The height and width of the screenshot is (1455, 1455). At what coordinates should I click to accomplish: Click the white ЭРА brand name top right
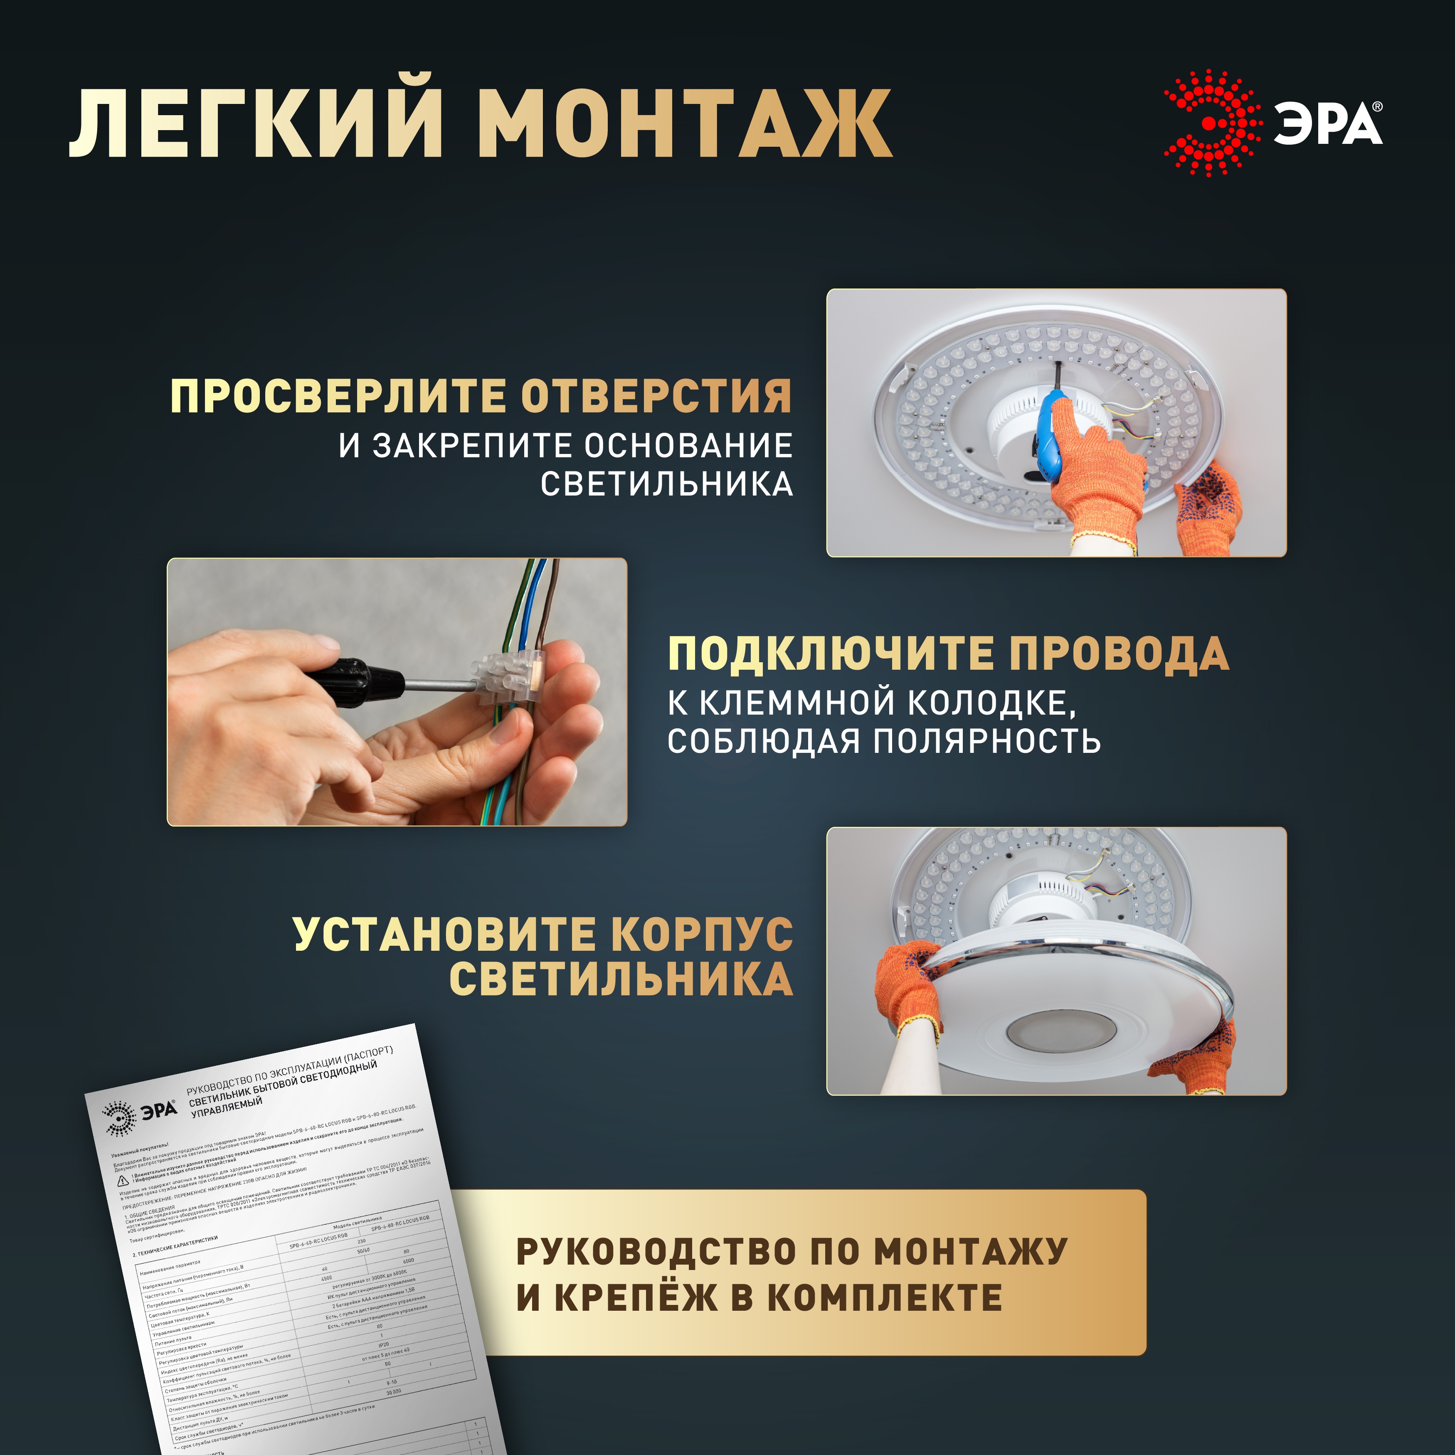coord(1327,124)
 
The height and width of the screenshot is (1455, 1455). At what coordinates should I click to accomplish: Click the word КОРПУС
coord(701,934)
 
